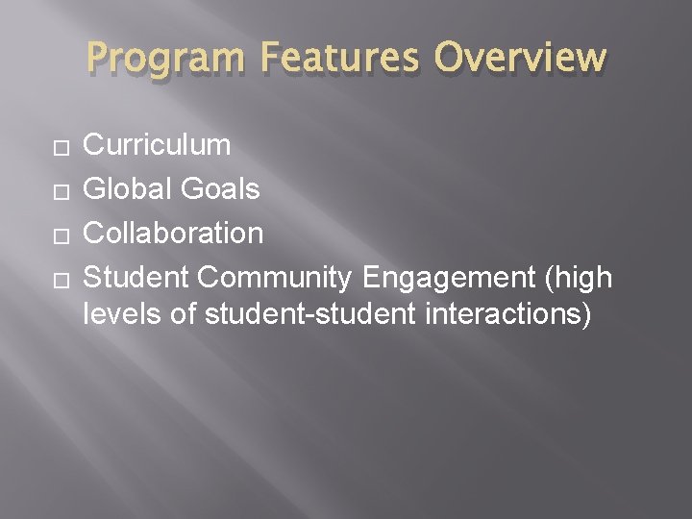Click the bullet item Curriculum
pyautogui.click(x=157, y=145)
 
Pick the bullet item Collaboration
pyautogui.click(x=173, y=233)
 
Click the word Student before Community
pyautogui.click(x=136, y=277)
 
